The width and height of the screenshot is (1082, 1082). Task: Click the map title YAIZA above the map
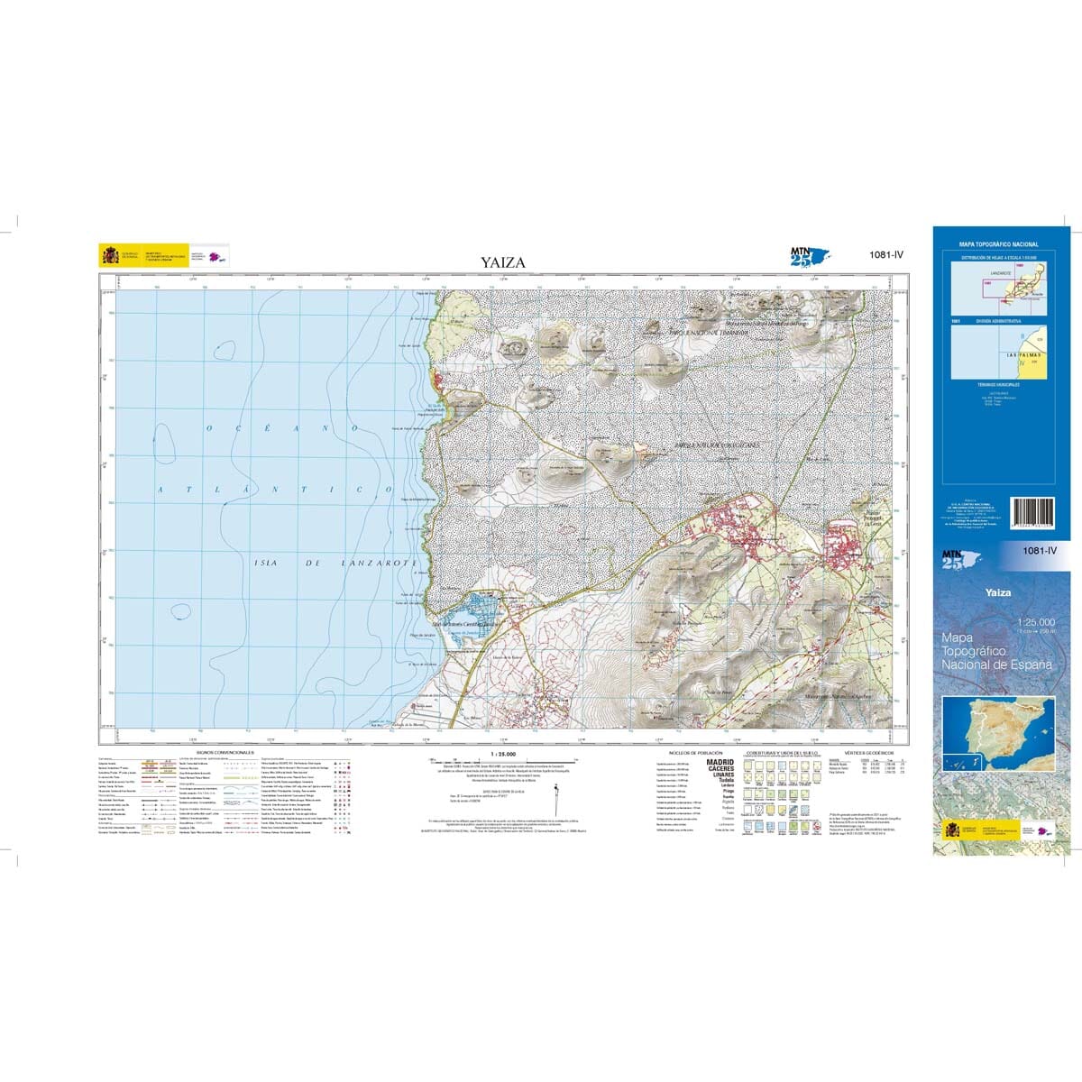tap(503, 263)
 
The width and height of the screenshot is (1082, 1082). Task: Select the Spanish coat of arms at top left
tap(110, 256)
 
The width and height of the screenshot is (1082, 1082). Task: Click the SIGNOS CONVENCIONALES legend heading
tap(225, 752)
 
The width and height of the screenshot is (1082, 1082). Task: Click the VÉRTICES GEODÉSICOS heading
tap(869, 751)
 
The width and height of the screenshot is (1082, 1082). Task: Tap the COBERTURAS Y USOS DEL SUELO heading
tap(781, 752)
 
